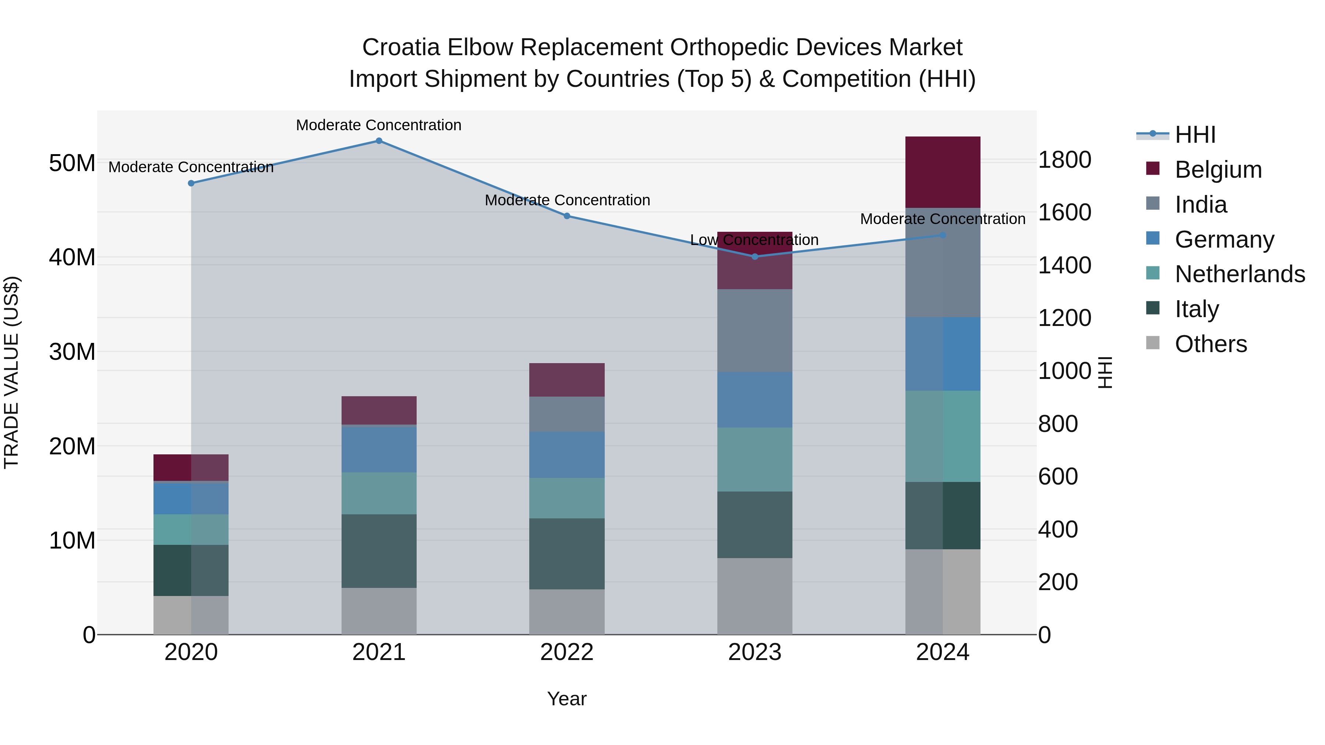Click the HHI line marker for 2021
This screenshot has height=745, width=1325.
point(379,141)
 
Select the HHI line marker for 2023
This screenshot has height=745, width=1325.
point(755,256)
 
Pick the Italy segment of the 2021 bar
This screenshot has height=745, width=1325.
point(379,551)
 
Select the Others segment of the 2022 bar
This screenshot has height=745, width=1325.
point(567,611)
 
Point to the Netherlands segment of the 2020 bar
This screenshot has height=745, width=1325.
point(191,529)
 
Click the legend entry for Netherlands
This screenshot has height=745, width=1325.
point(1240,274)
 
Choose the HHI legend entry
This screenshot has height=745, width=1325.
point(1195,135)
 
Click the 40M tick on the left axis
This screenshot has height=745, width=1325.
point(72,257)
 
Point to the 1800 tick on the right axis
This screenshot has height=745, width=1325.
point(1064,160)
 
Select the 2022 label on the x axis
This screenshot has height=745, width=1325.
point(567,652)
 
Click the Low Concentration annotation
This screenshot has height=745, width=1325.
point(754,240)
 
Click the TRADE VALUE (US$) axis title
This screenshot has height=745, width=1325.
point(11,372)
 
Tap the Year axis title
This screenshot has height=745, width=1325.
point(567,699)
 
